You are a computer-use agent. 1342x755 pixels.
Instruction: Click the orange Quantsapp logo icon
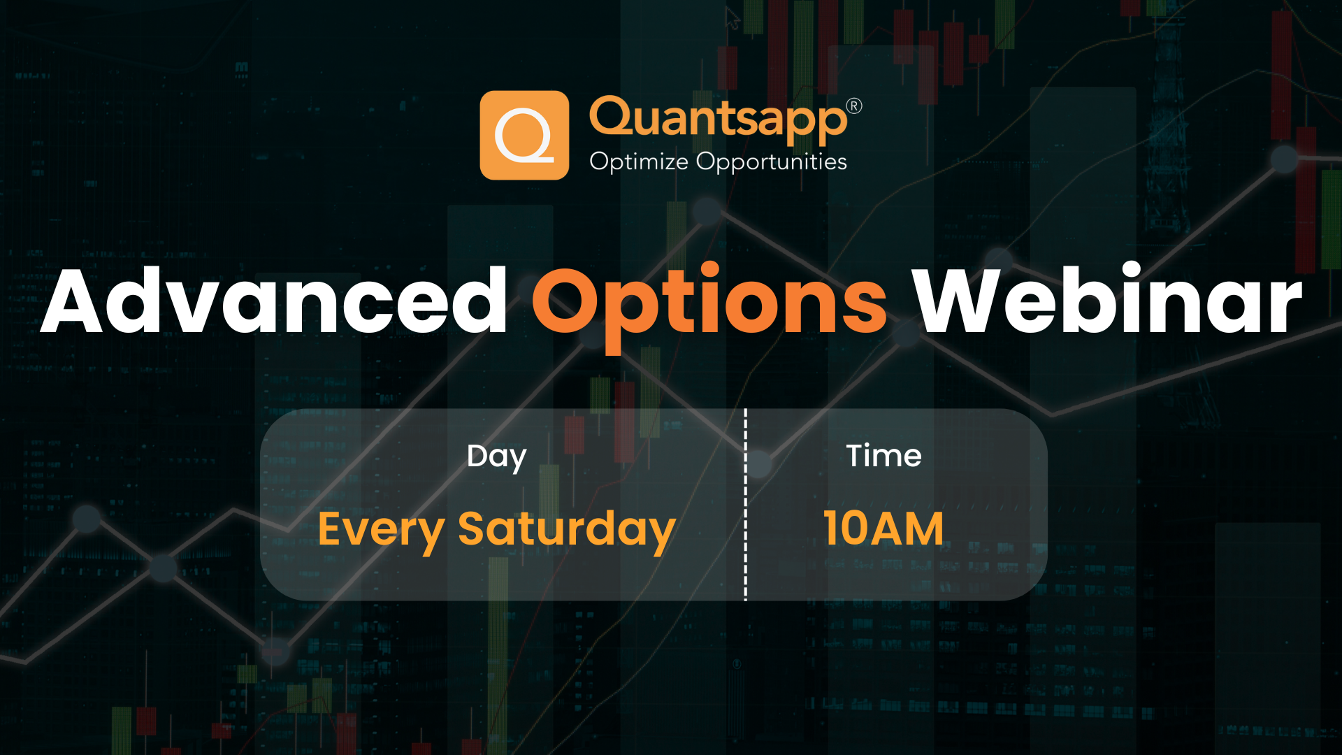point(524,135)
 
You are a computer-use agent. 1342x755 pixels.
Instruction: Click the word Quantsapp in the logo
point(718,119)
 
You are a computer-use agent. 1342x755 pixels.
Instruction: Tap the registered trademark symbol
point(854,106)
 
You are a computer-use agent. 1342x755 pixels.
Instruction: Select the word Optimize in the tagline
point(638,161)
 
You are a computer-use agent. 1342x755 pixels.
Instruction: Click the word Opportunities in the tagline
point(772,161)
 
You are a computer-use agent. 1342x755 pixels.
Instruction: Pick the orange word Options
point(709,302)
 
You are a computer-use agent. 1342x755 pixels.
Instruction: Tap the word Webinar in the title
point(1107,302)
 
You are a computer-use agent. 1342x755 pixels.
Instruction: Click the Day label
point(496,456)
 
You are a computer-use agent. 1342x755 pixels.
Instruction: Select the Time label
point(883,456)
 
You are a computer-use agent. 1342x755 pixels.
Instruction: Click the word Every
point(381,529)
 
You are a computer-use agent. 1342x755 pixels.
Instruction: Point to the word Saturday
point(566,529)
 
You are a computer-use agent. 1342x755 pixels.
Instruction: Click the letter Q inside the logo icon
point(524,135)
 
